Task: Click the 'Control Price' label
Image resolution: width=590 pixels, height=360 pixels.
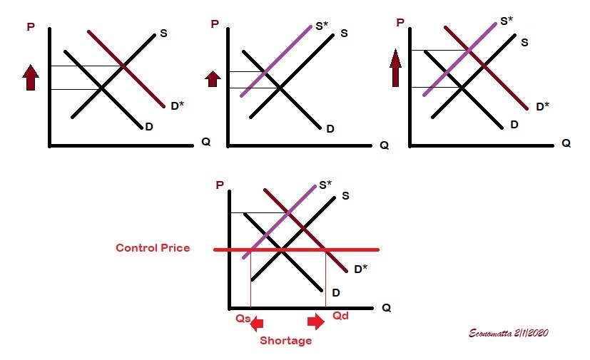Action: pyautogui.click(x=153, y=248)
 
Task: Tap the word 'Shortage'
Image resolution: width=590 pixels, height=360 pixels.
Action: pyautogui.click(x=285, y=341)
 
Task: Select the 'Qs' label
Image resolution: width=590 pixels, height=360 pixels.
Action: pyautogui.click(x=243, y=319)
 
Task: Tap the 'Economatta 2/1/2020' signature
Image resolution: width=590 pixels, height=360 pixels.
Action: pyautogui.click(x=509, y=333)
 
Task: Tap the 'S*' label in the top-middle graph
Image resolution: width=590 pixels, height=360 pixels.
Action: pyautogui.click(x=322, y=26)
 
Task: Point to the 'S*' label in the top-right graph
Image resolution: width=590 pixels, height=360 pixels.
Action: pyautogui.click(x=506, y=21)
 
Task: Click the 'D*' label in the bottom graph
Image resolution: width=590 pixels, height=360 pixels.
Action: pyautogui.click(x=361, y=269)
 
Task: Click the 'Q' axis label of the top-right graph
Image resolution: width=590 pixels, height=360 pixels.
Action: pyautogui.click(x=566, y=143)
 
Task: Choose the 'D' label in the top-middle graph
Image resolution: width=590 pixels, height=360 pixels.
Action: pyautogui.click(x=330, y=129)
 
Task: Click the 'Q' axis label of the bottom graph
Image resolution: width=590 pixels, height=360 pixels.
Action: pyautogui.click(x=386, y=308)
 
